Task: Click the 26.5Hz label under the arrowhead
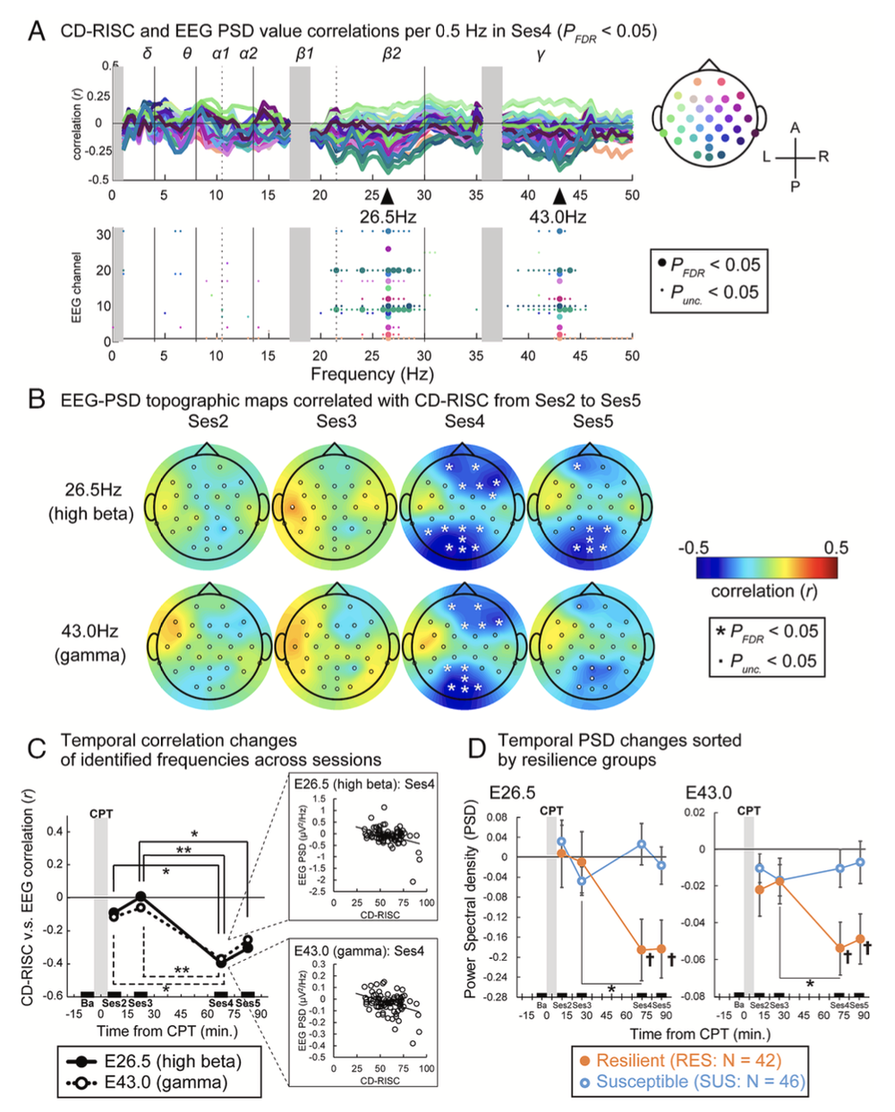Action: click(x=388, y=217)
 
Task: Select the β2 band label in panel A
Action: click(x=392, y=54)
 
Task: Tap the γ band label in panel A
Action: click(x=541, y=54)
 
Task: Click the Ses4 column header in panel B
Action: click(x=465, y=422)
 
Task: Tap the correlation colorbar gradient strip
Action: click(x=766, y=569)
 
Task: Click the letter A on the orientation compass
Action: click(x=795, y=128)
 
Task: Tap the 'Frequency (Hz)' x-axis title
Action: click(x=371, y=373)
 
